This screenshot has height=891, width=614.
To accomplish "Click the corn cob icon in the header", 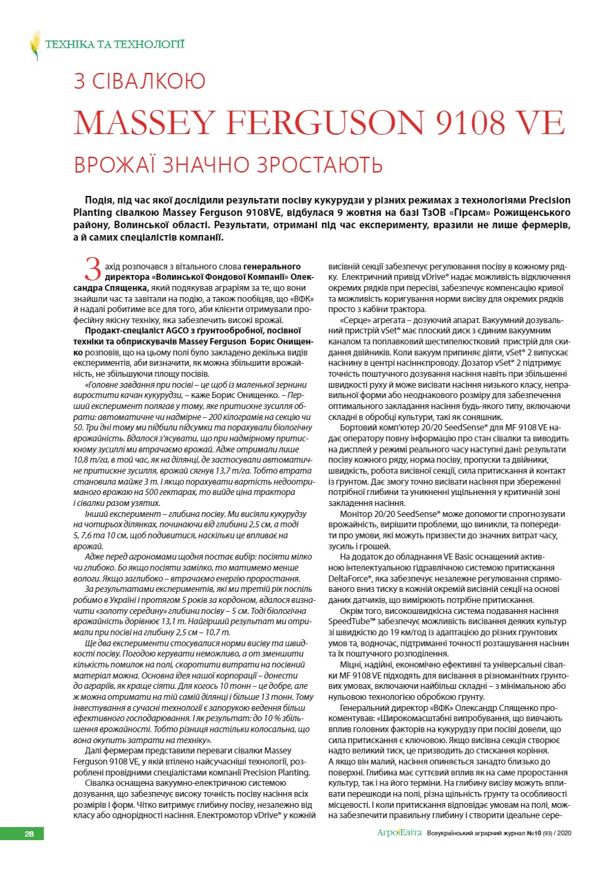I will [34, 45].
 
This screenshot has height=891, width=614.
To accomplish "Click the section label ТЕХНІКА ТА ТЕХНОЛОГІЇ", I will [114, 45].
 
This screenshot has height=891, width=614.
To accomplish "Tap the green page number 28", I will [29, 834].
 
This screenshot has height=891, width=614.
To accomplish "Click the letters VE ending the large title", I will [539, 122].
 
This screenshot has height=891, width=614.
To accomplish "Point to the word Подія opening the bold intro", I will [99, 199].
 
